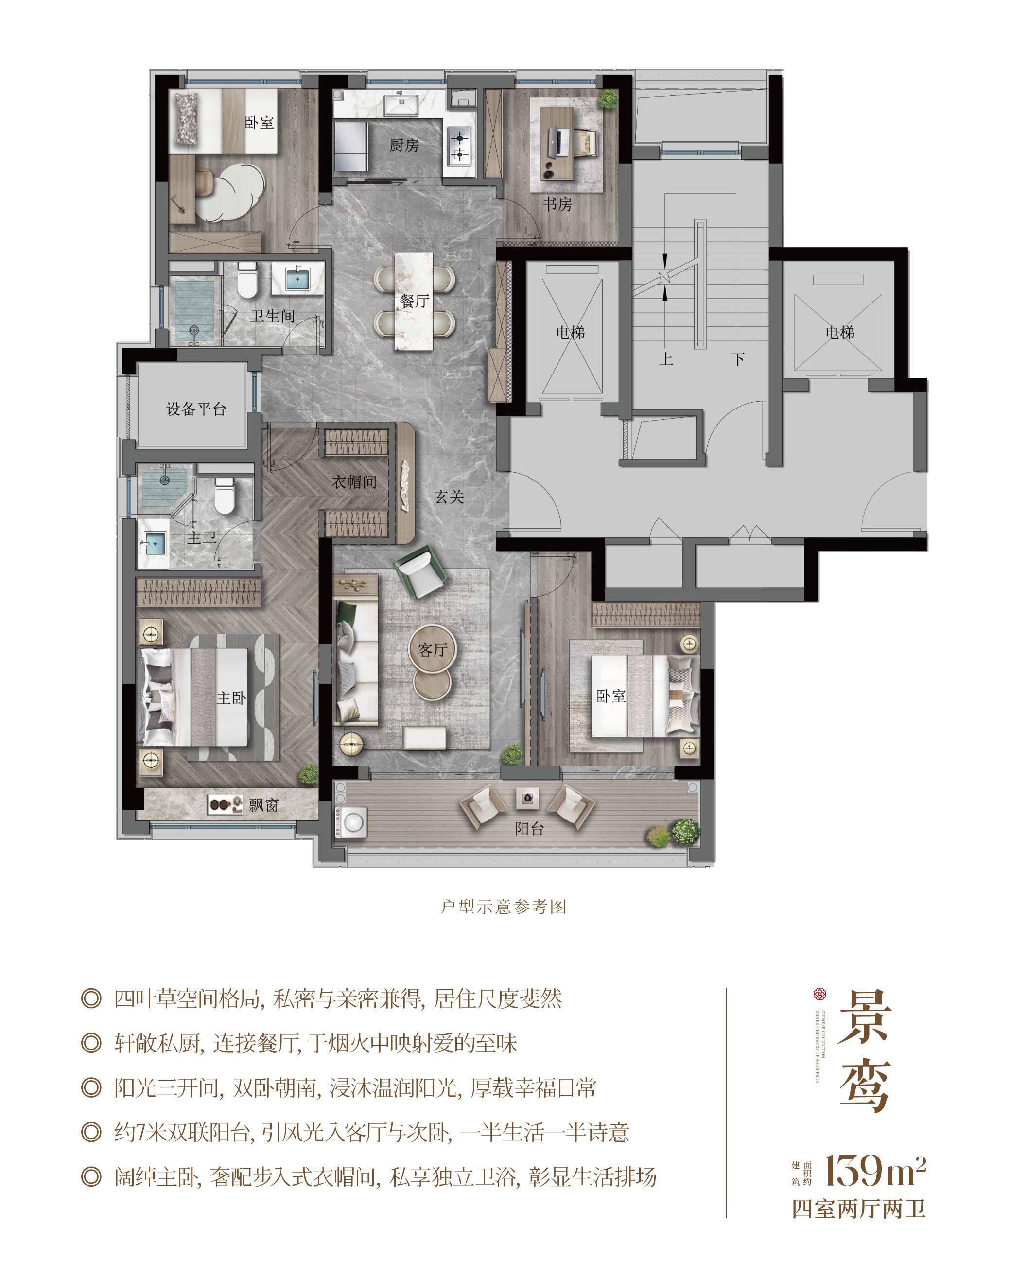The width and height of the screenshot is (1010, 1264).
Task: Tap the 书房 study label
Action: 557,204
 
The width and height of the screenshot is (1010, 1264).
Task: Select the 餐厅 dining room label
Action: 414,301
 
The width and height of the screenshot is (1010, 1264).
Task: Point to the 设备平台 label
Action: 196,409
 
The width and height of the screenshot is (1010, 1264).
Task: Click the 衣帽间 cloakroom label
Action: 354,482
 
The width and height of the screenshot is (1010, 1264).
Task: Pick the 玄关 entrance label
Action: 449,497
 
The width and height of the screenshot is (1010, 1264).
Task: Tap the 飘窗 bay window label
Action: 263,805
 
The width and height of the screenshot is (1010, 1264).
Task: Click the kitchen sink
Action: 401,105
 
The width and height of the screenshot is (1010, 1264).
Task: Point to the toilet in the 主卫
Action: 225,496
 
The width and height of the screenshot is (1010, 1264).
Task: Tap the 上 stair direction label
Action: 665,358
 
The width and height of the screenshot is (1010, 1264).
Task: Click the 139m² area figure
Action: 875,1170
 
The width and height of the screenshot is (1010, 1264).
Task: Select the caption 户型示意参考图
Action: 503,907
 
